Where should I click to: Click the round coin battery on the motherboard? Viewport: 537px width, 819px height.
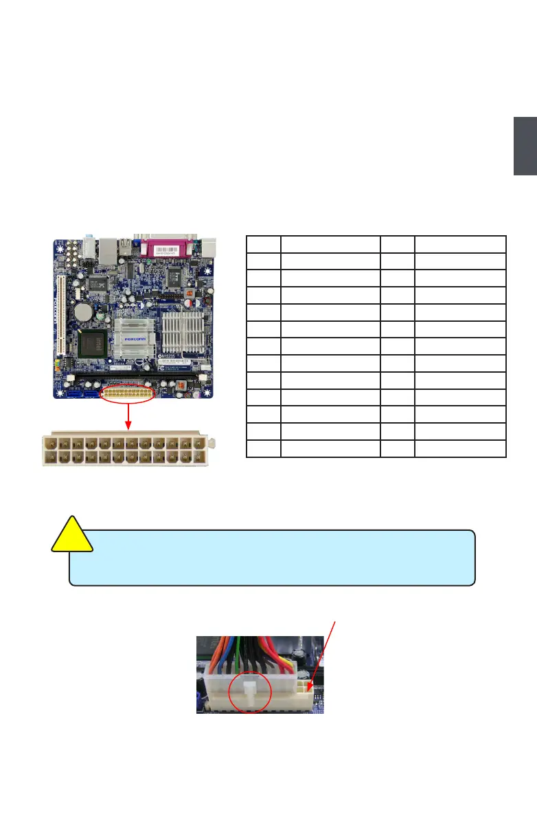click(84, 312)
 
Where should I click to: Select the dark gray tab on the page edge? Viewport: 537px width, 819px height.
click(525, 146)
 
